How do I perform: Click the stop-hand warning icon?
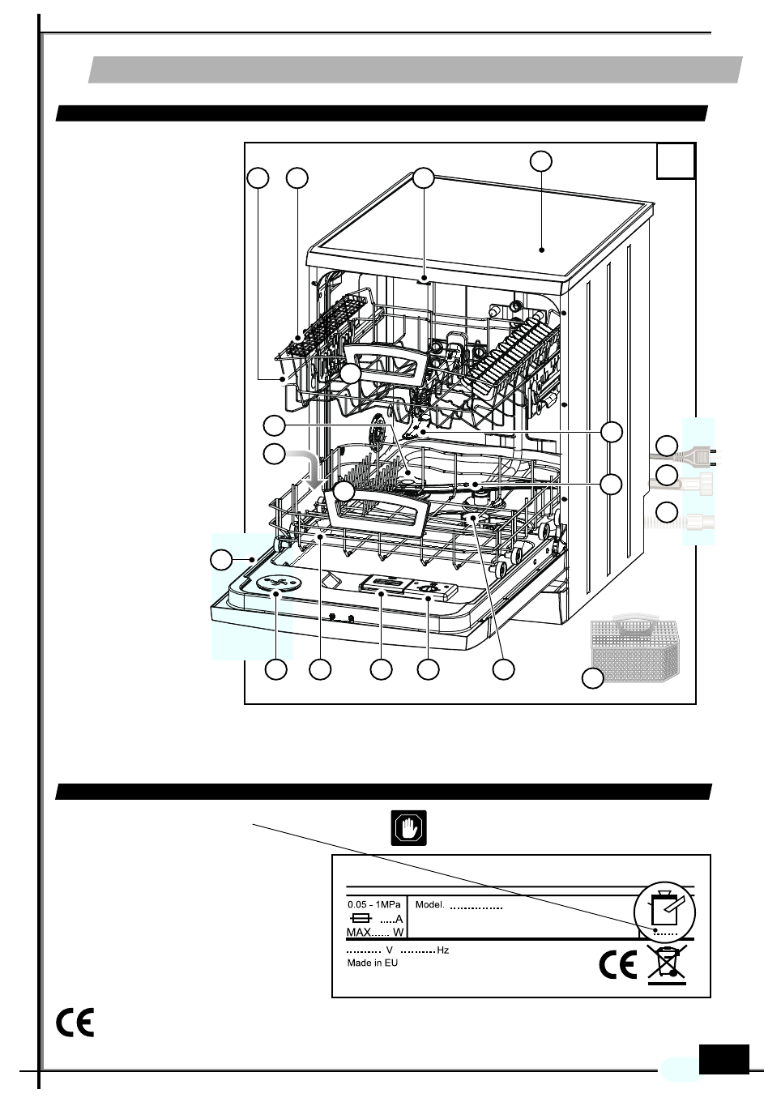(x=409, y=828)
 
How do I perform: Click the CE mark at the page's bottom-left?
(x=75, y=1023)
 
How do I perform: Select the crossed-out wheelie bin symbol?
(x=667, y=963)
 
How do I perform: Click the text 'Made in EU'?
(x=373, y=963)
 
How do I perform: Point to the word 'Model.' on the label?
(x=429, y=905)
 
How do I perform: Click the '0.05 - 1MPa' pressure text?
(x=374, y=905)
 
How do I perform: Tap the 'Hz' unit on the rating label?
(x=443, y=950)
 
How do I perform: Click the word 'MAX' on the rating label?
(x=359, y=933)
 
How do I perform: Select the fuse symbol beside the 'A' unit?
(x=363, y=919)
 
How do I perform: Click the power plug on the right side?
(x=697, y=456)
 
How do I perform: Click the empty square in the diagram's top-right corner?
(x=676, y=160)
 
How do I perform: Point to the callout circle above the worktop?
(x=541, y=160)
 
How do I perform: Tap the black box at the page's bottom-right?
(x=723, y=1059)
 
